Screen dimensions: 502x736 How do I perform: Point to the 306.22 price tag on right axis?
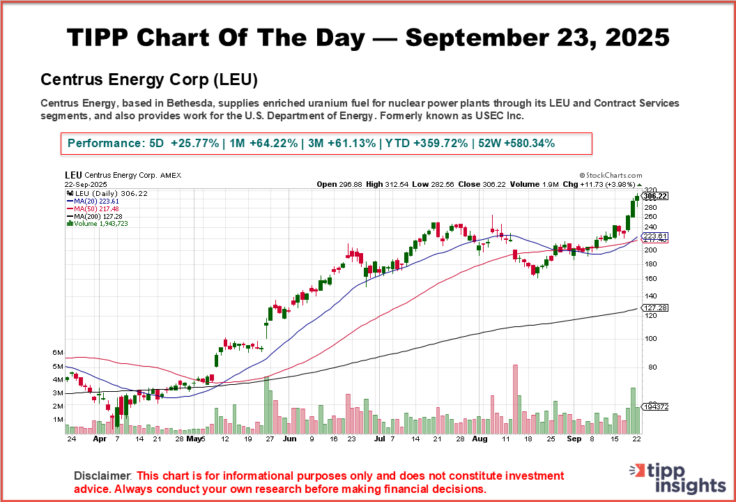pos(656,197)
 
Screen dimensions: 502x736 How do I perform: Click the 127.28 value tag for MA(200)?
pos(656,307)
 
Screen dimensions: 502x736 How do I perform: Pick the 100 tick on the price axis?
pos(650,339)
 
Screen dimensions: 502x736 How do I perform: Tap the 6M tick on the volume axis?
pos(59,353)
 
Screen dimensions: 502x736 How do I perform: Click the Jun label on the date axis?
pos(290,440)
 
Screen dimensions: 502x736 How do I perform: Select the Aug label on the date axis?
pos(480,440)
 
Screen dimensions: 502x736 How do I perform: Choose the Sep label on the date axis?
pos(574,440)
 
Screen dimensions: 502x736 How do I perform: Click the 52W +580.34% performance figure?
pos(516,144)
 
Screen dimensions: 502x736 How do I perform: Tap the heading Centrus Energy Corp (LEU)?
pos(149,80)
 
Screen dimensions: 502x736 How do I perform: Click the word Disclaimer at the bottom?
pos(102,476)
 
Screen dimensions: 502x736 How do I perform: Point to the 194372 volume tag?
pos(656,406)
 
